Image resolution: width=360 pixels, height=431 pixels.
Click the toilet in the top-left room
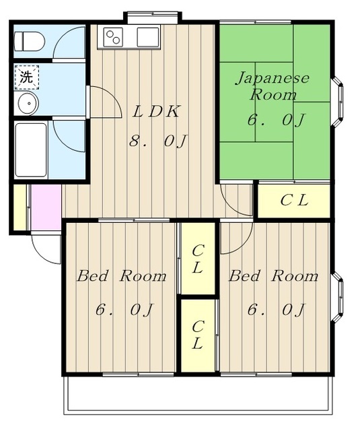(x=29, y=42)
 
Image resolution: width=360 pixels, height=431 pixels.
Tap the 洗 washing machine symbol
(x=27, y=77)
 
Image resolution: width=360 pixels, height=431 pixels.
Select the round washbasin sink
(x=28, y=103)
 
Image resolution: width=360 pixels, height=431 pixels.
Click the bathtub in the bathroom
(x=31, y=150)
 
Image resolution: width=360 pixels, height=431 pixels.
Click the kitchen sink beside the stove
(x=148, y=37)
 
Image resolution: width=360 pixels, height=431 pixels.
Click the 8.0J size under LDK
(x=158, y=141)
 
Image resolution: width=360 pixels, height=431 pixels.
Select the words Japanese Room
(x=273, y=86)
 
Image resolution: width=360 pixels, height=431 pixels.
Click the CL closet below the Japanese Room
(x=294, y=200)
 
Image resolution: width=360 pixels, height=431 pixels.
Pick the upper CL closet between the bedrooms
(x=198, y=259)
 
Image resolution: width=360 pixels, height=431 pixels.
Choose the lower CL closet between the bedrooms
(x=198, y=335)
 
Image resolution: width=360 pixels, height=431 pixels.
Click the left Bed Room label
(x=122, y=276)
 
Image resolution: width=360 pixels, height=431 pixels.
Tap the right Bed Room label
(x=273, y=276)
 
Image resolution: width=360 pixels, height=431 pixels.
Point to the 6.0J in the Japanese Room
(x=276, y=120)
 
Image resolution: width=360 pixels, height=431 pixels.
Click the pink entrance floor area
(x=46, y=207)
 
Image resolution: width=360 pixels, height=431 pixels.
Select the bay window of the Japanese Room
(x=338, y=102)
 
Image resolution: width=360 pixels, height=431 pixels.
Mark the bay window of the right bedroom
(x=338, y=298)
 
